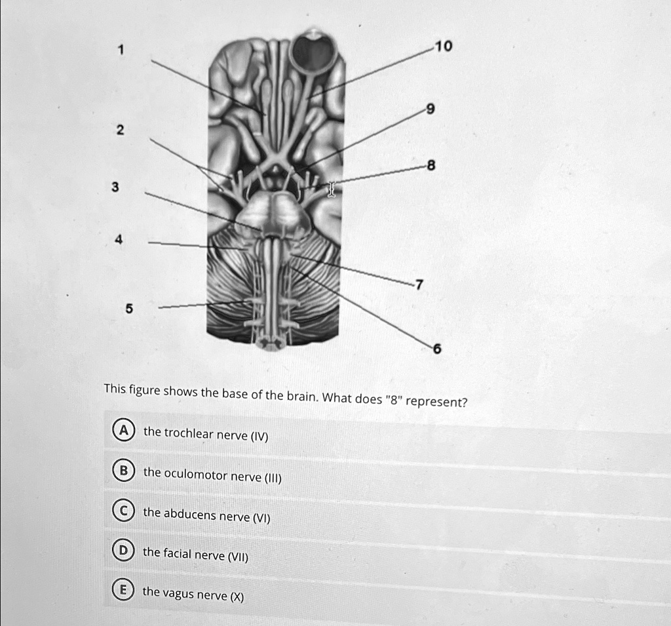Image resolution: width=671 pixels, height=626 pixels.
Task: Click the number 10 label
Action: [x=444, y=46]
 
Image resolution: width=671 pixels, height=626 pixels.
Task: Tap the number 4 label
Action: [x=119, y=241]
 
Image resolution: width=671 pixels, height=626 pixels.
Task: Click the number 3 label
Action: [x=115, y=188]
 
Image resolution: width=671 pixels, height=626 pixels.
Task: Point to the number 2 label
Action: [x=119, y=130]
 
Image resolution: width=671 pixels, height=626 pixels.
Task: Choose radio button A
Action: [x=122, y=431]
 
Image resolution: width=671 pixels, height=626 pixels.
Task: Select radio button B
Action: [x=122, y=471]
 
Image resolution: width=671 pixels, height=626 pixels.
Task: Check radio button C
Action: [x=122, y=511]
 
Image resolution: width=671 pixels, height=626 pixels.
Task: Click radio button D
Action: [x=122, y=551]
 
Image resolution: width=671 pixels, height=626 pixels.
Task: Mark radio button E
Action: [x=122, y=591]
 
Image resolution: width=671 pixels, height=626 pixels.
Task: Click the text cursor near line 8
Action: [x=332, y=190]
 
